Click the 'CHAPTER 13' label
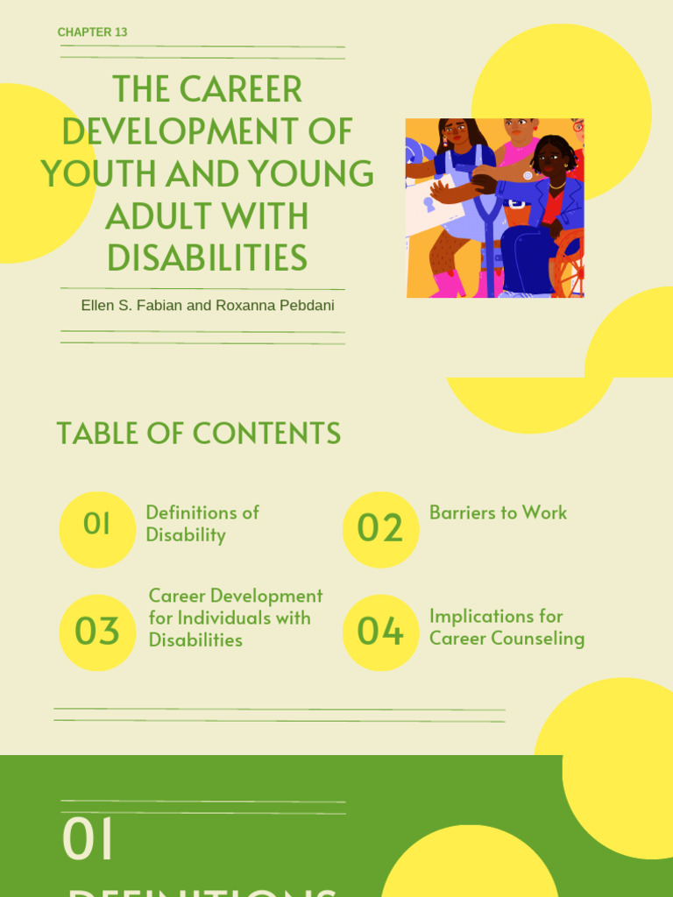(x=92, y=32)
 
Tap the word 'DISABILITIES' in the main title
(x=207, y=258)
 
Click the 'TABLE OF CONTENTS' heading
(x=198, y=434)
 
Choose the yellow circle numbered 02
(x=380, y=529)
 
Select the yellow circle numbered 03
(x=97, y=632)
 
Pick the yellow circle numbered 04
(x=380, y=632)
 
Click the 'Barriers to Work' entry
(x=498, y=513)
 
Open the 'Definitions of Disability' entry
(x=202, y=524)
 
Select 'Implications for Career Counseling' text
(x=507, y=627)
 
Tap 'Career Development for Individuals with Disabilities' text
(x=235, y=618)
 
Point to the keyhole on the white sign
(x=429, y=204)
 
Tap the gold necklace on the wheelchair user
(x=556, y=186)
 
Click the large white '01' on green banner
(x=88, y=839)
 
